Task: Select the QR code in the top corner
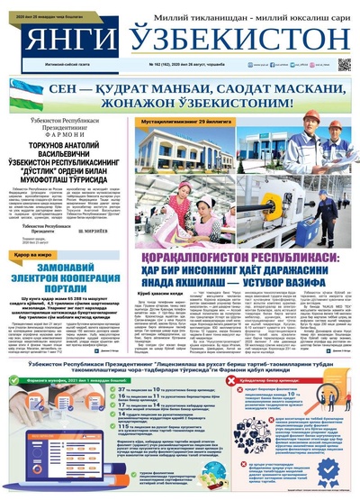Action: tap(344, 65)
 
